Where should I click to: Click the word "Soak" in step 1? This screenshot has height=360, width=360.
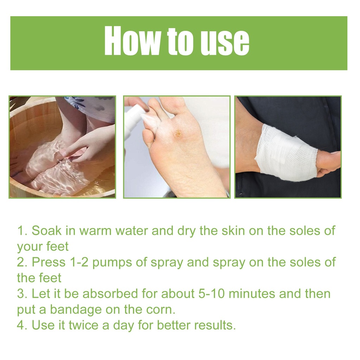click(x=47, y=230)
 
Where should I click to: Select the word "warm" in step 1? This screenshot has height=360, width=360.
click(x=96, y=231)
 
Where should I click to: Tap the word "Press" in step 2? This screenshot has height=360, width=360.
click(x=49, y=262)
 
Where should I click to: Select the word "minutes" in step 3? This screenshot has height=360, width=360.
click(x=252, y=294)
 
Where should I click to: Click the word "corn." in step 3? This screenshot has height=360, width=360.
click(x=161, y=310)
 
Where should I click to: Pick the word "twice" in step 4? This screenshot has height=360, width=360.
click(x=84, y=325)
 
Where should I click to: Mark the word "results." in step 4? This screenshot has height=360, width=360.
click(x=215, y=325)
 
